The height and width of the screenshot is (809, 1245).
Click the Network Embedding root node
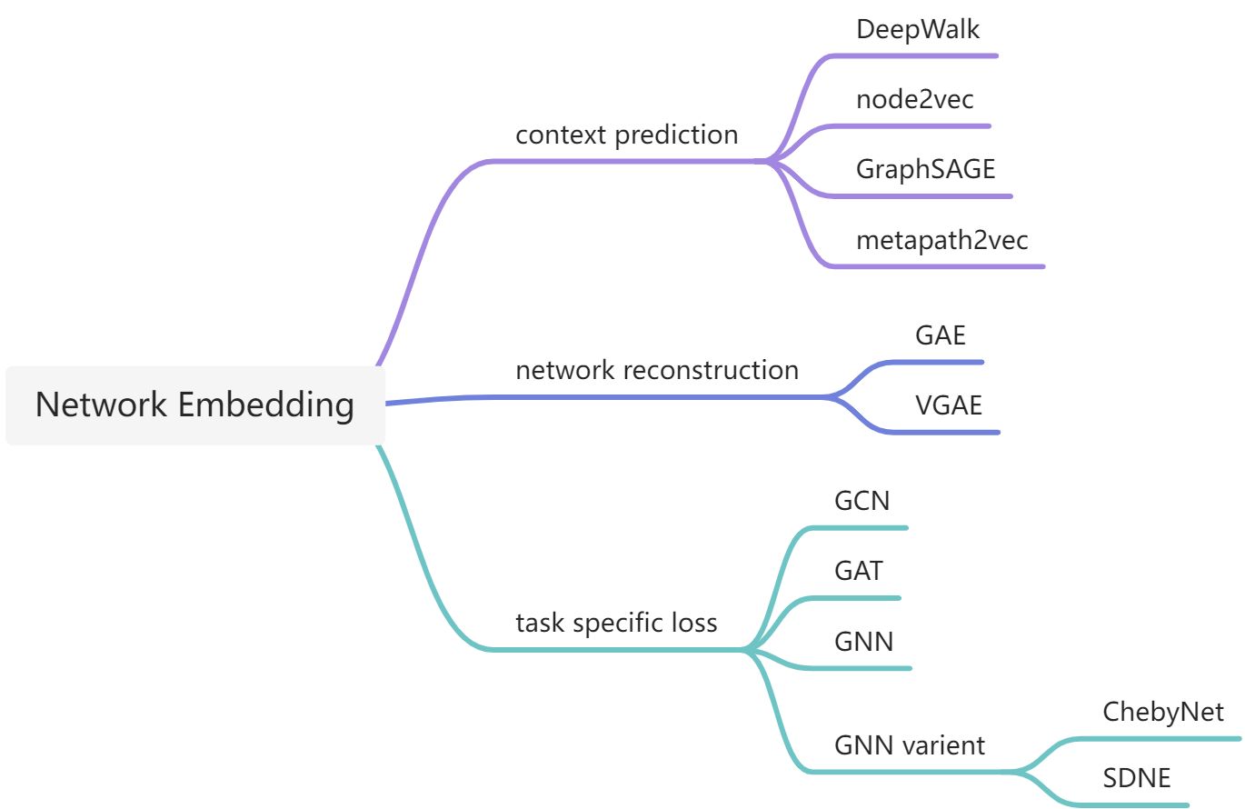(194, 404)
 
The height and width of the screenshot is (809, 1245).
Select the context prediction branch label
(627, 135)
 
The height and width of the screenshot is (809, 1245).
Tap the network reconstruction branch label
(657, 370)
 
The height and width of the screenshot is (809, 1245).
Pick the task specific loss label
(616, 623)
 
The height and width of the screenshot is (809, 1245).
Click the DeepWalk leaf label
(918, 29)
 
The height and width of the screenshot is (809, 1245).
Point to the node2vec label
(914, 99)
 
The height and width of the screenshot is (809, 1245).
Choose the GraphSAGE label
(925, 169)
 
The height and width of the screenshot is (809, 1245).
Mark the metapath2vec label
(941, 240)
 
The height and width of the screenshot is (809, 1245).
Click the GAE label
(940, 335)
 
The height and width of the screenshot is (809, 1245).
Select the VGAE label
(948, 404)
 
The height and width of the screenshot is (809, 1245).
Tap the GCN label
(862, 501)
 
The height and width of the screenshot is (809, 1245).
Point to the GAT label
(858, 571)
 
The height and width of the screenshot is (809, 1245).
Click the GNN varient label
(909, 745)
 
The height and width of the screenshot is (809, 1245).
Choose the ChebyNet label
(1163, 711)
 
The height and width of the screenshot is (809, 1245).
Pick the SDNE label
(1136, 778)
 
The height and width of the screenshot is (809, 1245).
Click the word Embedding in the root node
(265, 404)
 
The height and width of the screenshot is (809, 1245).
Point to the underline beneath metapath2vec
(936, 266)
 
